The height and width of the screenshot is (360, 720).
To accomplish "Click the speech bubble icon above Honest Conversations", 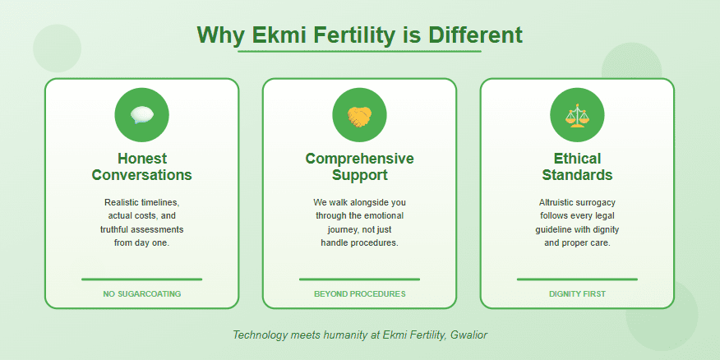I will pos(141,115).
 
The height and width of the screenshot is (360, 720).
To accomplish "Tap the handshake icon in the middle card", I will pos(359,116).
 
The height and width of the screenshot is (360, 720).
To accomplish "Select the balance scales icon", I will pos(577,116).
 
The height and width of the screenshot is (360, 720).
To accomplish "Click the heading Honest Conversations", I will pos(141,167).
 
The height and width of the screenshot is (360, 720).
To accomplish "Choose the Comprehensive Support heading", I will pos(359,167).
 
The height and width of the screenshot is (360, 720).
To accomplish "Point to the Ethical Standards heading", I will pos(577,167).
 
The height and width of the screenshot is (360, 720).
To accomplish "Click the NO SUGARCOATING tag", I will pos(141,293).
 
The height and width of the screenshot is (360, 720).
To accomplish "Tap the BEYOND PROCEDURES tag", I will pos(359,293).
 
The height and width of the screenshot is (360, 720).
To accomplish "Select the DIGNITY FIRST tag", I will pos(577,293).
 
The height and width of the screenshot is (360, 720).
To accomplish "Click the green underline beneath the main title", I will pos(359,51).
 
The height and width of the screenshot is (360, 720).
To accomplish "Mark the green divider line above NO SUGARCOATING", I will pos(141,279).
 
